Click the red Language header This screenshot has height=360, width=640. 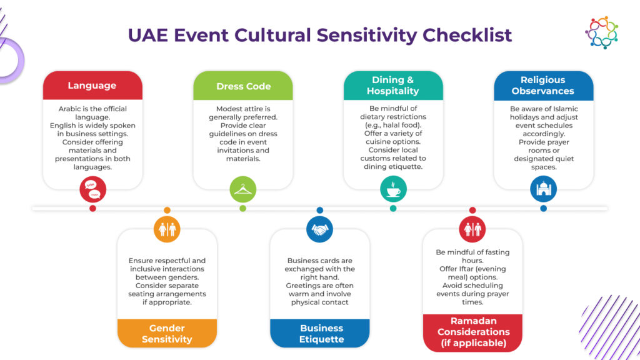[x=92, y=86]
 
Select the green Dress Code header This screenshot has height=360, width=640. [x=243, y=86]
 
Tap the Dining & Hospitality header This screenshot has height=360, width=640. [x=393, y=86]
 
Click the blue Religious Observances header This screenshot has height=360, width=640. [x=542, y=86]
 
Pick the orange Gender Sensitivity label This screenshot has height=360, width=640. [x=167, y=334]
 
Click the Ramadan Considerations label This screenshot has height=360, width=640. [x=473, y=332]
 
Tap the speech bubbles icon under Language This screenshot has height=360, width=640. [x=92, y=189]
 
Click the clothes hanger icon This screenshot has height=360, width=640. [x=243, y=189]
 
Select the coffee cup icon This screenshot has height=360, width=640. [x=393, y=189]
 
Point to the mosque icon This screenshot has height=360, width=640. [x=543, y=189]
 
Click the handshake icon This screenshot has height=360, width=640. [x=319, y=229]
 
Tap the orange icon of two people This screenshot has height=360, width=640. [x=167, y=229]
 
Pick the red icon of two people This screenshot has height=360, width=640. [x=472, y=229]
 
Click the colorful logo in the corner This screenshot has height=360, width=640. [x=601, y=32]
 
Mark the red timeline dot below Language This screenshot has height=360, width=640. [x=92, y=209]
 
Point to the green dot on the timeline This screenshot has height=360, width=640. [x=243, y=209]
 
